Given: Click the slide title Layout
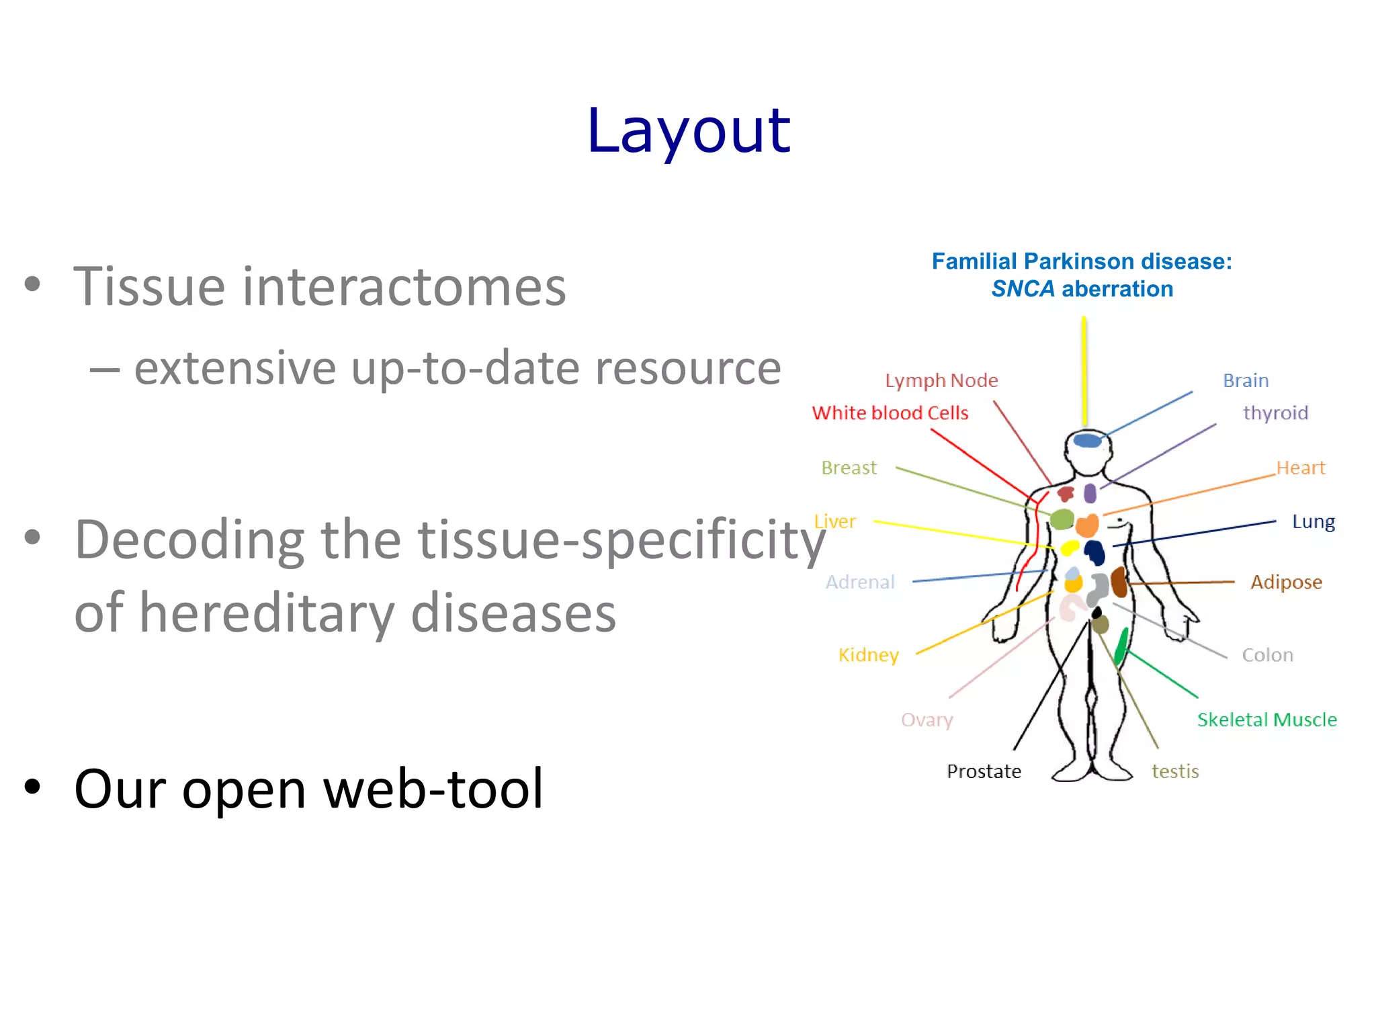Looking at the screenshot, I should pos(688,131).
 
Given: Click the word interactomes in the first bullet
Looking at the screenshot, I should pos(403,288).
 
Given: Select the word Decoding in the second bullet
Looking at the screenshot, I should pos(190,540).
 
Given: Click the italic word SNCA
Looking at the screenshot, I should pos(1023,289).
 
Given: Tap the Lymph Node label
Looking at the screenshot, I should pos(941,380).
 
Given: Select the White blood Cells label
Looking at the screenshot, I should pos(890,413).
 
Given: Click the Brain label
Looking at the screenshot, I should pos(1245,380).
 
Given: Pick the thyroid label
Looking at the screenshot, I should pos(1275,413).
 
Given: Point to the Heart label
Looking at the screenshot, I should pos(1300,468).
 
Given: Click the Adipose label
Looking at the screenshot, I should pos(1286,582).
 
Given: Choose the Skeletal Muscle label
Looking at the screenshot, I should pos(1266,720).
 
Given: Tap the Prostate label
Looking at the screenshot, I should pos(984,771).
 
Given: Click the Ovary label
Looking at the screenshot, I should pos(927,720).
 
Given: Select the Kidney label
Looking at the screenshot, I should pos(868,655).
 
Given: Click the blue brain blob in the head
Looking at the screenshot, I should pos(1087,441).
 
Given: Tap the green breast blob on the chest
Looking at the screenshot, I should pos(1062,519).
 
